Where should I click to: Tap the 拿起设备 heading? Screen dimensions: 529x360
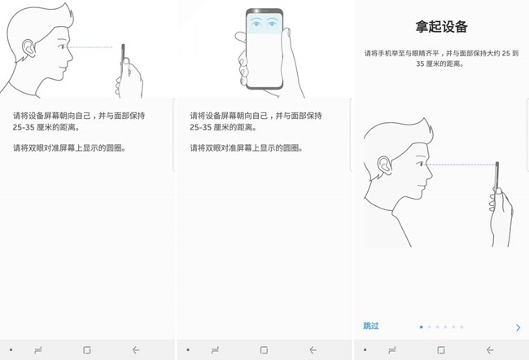[441, 27]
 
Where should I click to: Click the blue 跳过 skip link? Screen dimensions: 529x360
[371, 326]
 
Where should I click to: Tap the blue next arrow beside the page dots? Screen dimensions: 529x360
[518, 327]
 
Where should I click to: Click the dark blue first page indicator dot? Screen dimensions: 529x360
[421, 327]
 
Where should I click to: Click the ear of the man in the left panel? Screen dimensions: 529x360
[29, 48]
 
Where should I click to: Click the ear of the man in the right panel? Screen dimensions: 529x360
[385, 165]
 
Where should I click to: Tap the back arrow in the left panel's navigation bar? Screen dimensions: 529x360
[136, 350]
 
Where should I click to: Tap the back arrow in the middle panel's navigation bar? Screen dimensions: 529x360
[313, 350]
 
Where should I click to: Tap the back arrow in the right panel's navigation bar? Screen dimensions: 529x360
[490, 350]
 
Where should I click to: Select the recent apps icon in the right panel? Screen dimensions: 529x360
[392, 350]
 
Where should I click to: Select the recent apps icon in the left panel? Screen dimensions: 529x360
[38, 350]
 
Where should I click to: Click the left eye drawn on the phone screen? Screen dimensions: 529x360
[256, 23]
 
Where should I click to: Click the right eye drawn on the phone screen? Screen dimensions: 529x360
[272, 23]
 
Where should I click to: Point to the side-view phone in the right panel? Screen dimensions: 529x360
[496, 178]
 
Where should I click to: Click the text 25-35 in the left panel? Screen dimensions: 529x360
[24, 127]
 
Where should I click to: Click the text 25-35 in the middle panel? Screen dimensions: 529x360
[200, 127]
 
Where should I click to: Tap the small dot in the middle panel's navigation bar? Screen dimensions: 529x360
[188, 350]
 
